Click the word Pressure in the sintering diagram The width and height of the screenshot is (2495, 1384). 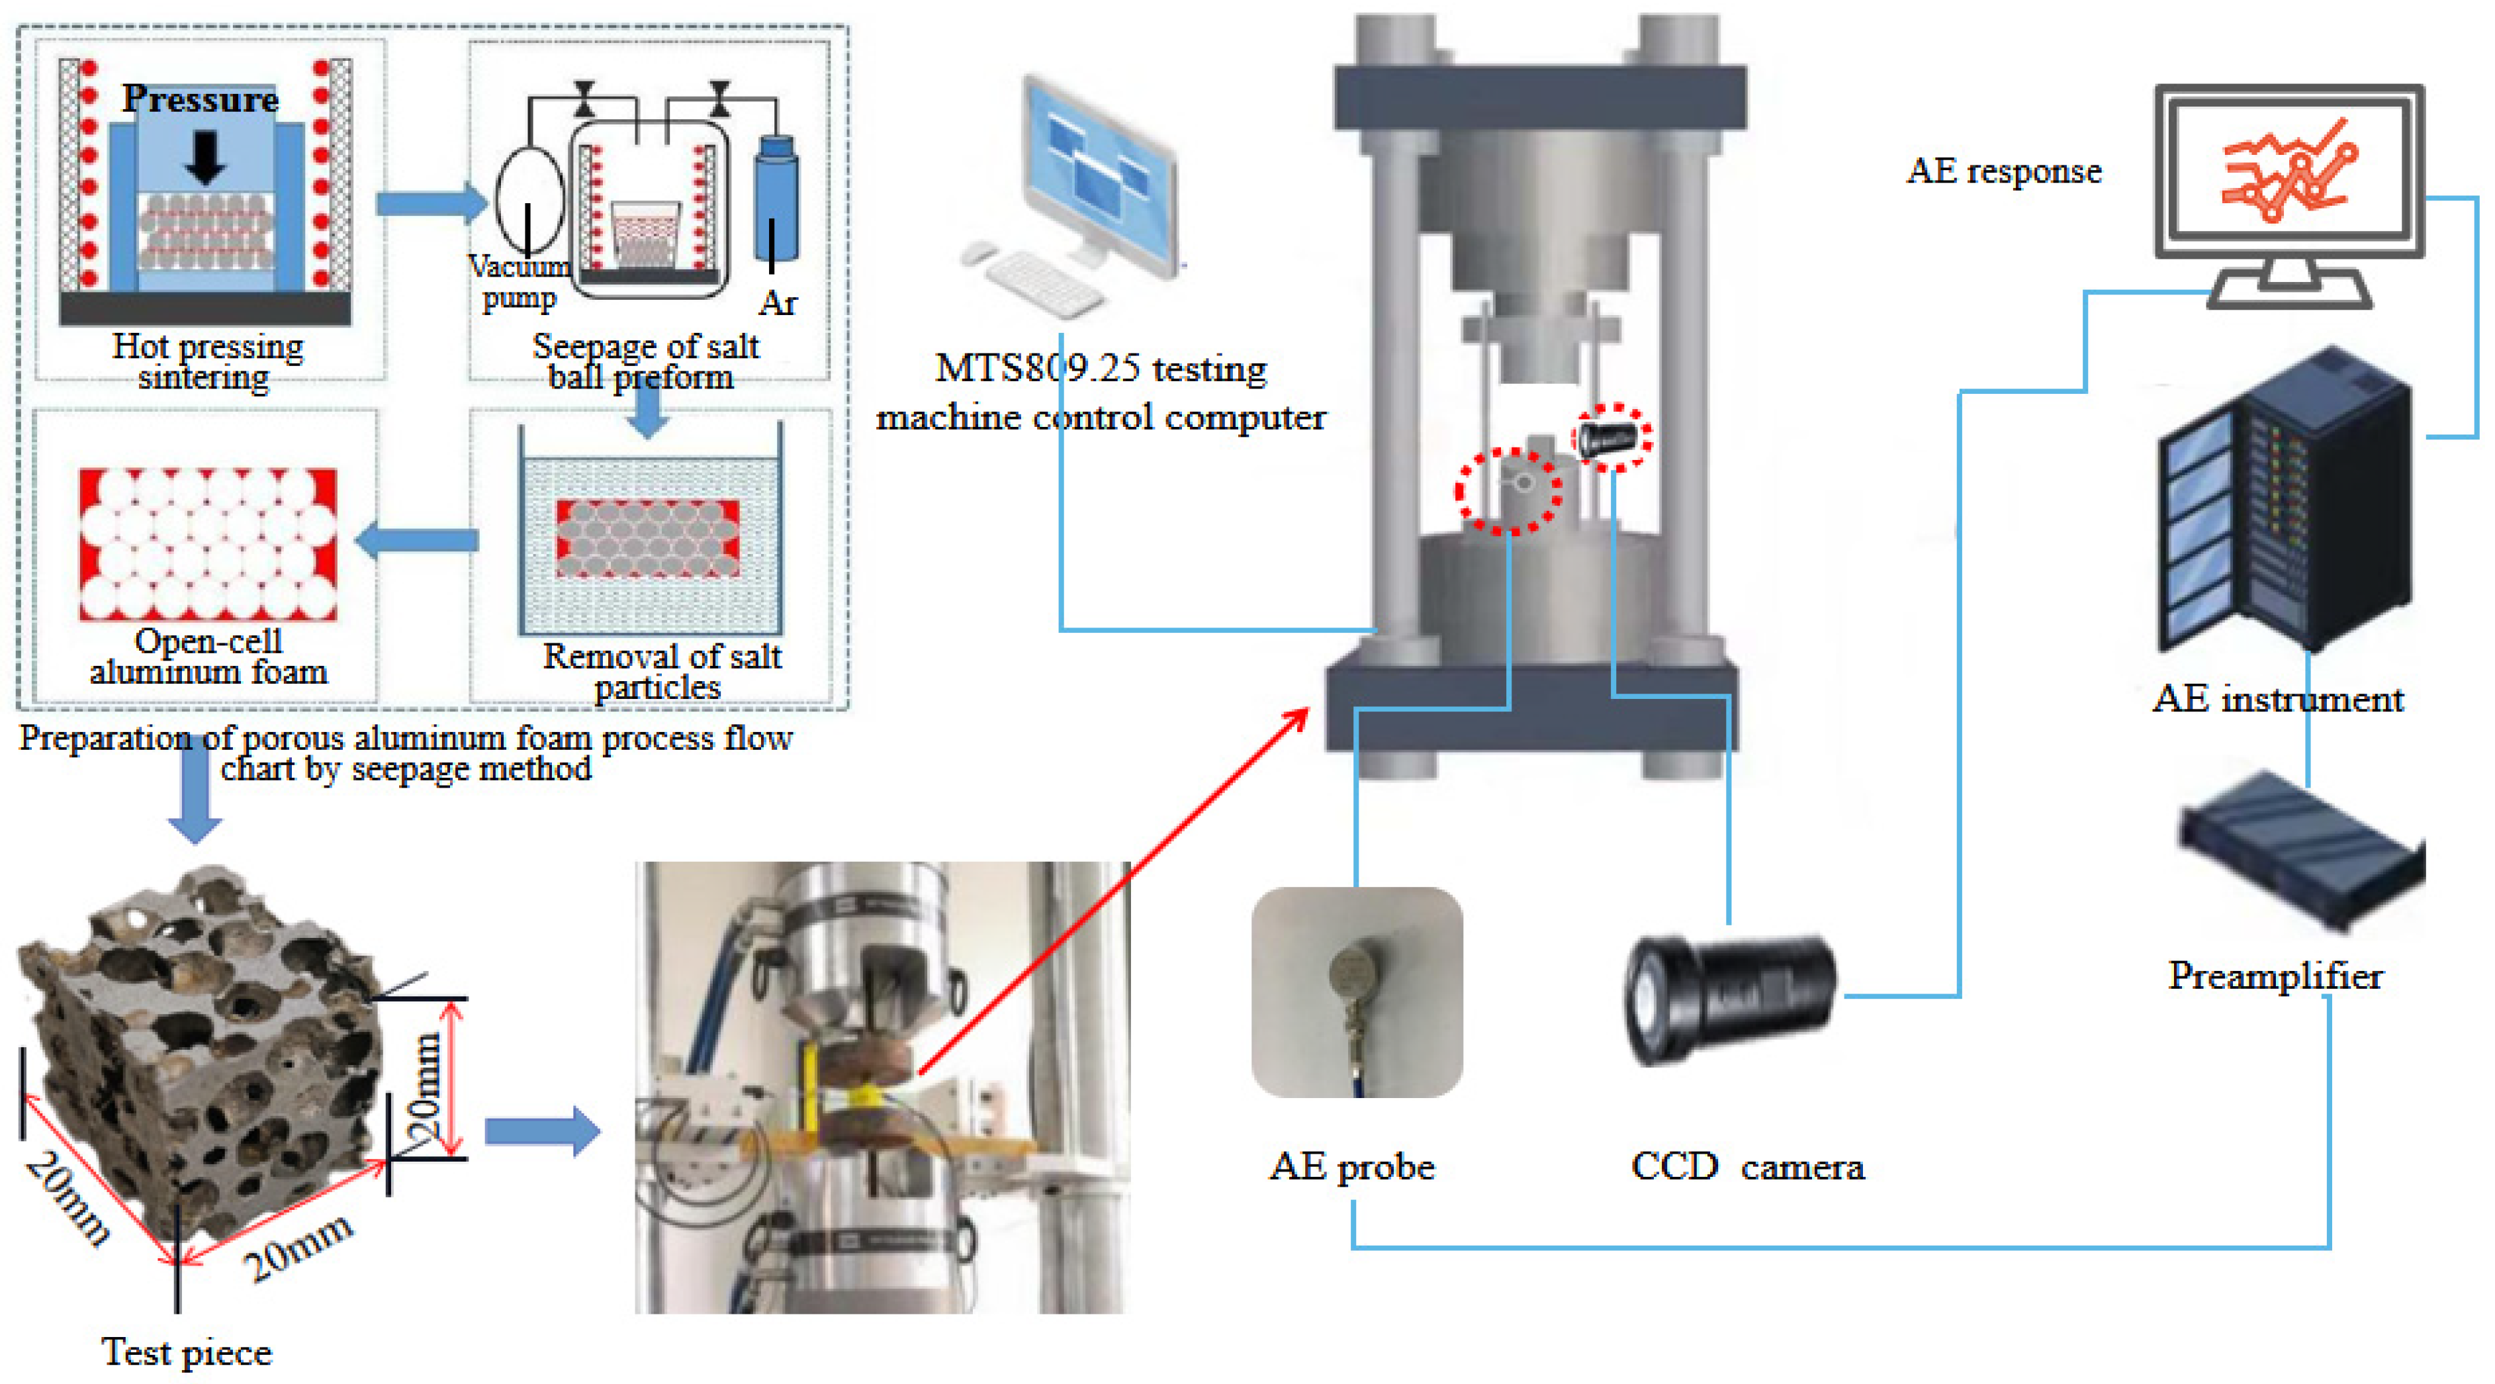click(x=201, y=99)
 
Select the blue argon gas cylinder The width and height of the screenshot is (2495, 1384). click(x=777, y=199)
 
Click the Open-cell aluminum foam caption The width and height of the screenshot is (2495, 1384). click(x=208, y=656)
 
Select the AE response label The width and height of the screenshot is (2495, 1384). click(x=2004, y=171)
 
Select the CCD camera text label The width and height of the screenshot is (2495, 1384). click(x=1747, y=1166)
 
